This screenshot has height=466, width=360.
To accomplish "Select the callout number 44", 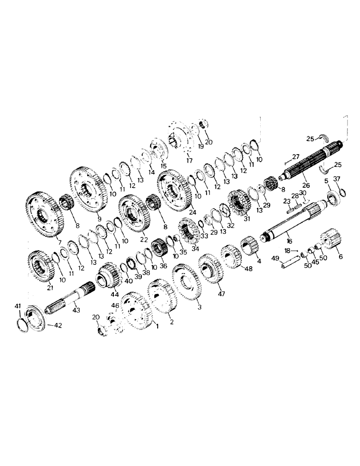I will pos(114,295).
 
